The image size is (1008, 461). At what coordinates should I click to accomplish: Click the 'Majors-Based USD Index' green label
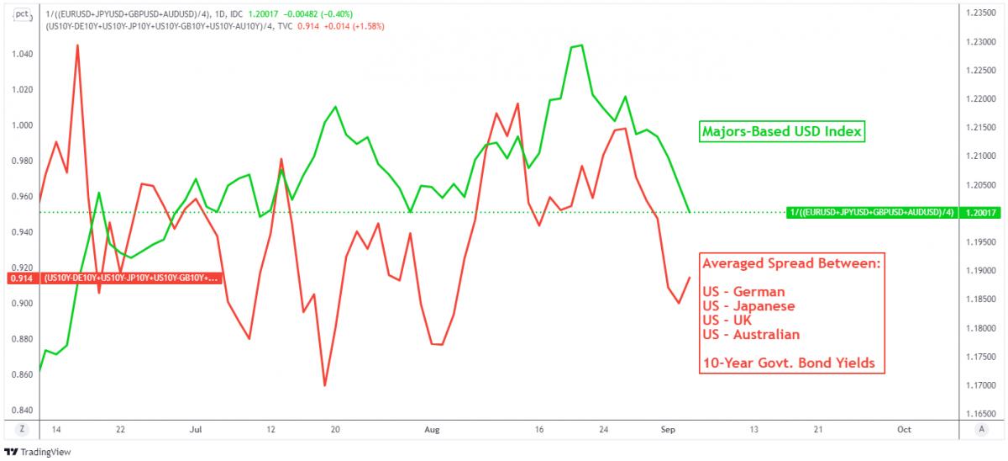[783, 132]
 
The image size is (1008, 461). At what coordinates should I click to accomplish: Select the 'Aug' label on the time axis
[432, 429]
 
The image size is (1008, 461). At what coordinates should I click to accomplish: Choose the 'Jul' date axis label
[196, 429]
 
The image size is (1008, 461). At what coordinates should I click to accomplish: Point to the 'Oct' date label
[904, 429]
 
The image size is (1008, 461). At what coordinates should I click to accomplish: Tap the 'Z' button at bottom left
[18, 429]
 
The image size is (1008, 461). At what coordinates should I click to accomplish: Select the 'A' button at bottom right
[981, 429]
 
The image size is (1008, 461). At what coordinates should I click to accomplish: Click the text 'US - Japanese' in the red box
[748, 305]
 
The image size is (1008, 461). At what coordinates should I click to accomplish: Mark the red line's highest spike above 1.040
[77, 45]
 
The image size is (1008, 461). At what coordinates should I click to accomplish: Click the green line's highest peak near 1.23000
[582, 45]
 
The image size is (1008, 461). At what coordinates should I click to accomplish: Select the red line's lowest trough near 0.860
[324, 386]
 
